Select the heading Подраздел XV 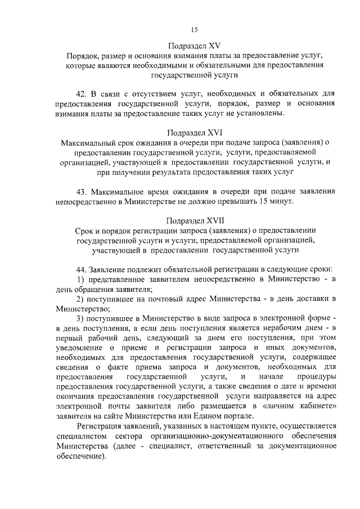195,46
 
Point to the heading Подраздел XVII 195,220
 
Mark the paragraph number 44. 82,268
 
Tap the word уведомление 80,348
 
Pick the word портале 239,416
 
